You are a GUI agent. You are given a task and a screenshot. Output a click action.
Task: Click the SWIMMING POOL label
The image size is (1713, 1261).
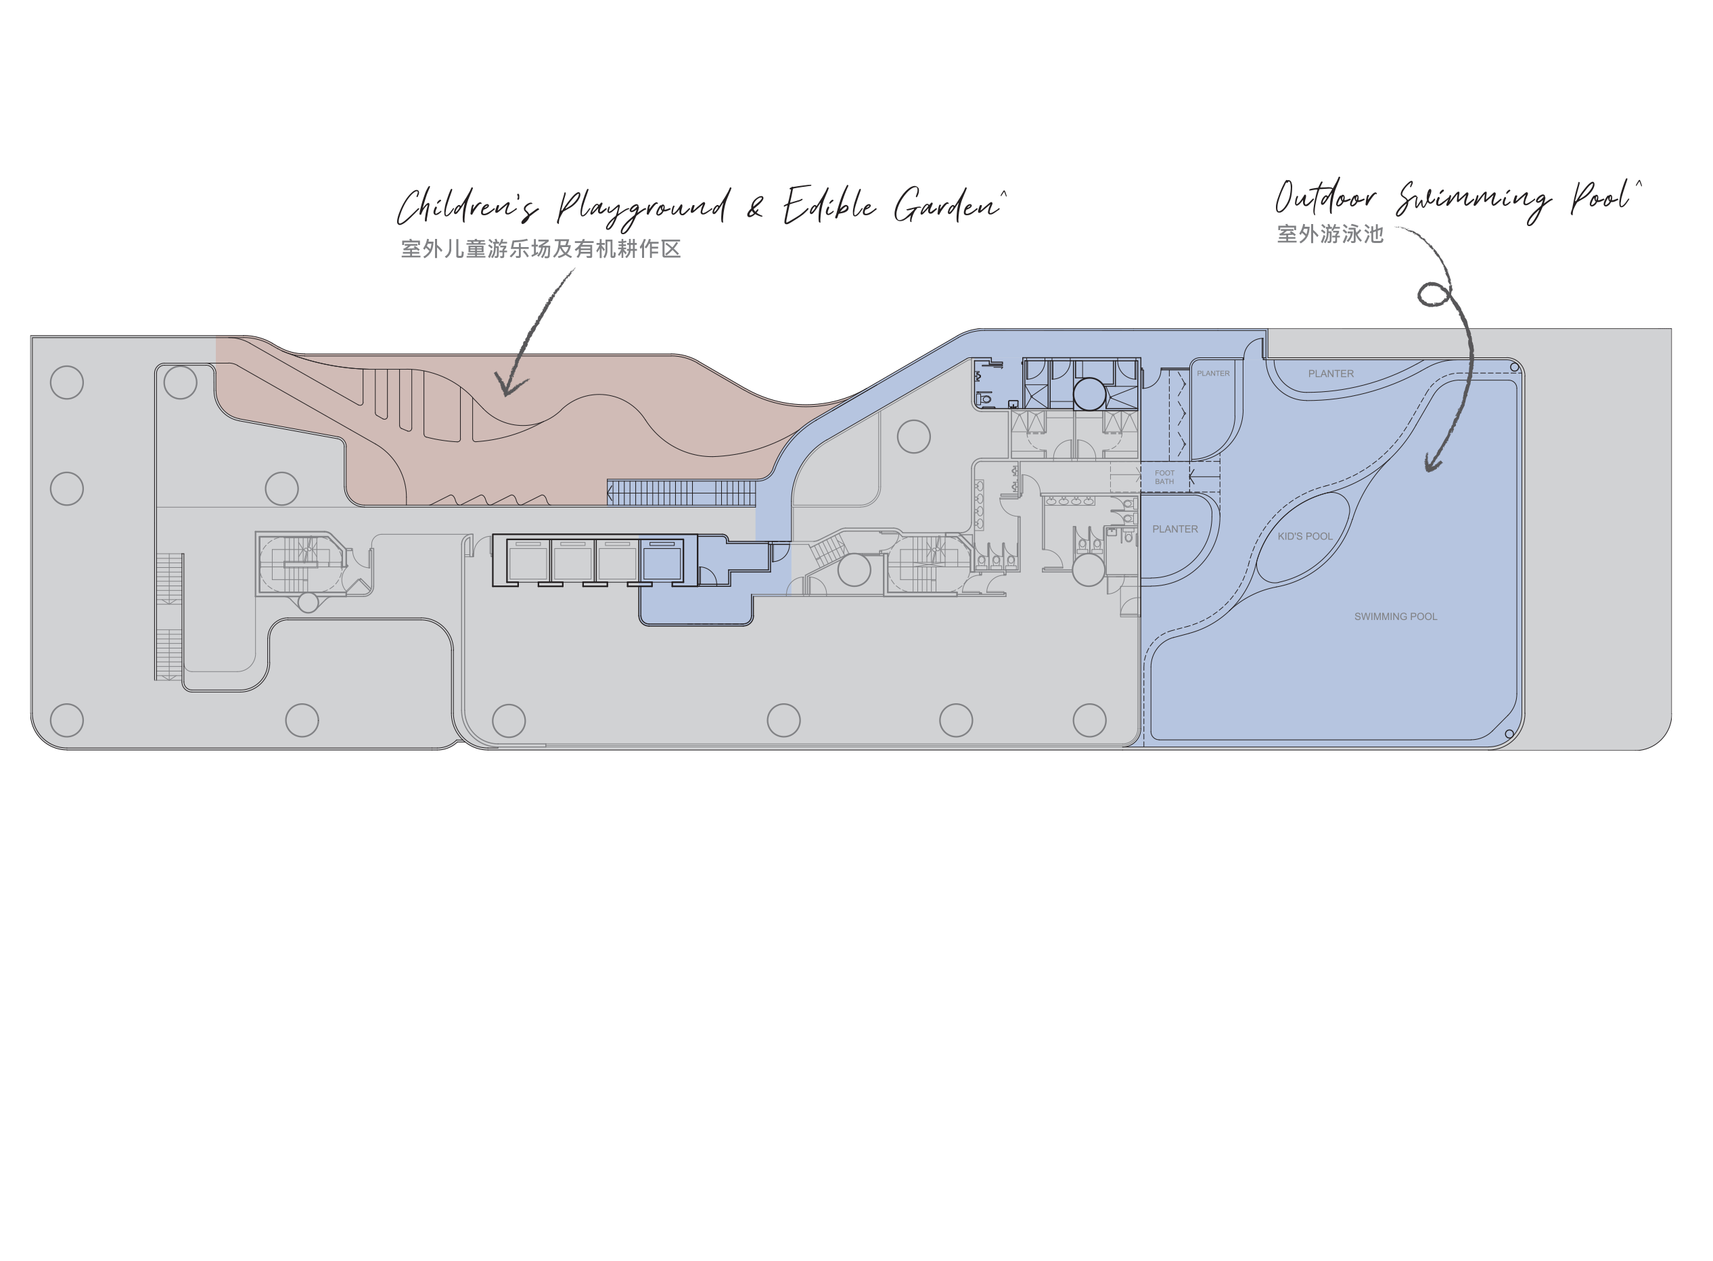tap(1396, 617)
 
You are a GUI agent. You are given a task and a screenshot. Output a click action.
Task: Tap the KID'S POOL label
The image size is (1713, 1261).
tap(1305, 537)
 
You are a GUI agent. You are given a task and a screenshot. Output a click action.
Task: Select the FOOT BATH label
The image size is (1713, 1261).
tap(1164, 477)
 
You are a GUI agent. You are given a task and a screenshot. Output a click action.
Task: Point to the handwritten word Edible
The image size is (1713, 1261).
tap(829, 204)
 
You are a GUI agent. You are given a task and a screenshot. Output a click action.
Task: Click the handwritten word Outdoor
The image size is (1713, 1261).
tap(1325, 198)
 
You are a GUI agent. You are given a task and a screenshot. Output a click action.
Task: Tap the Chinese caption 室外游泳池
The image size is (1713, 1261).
tap(1330, 234)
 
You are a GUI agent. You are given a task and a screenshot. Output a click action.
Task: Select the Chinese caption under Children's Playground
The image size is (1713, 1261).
tap(541, 249)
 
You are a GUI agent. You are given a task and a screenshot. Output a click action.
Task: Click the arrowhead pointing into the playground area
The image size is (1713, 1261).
tap(509, 384)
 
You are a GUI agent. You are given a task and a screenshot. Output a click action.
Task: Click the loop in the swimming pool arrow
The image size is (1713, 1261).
tap(1434, 294)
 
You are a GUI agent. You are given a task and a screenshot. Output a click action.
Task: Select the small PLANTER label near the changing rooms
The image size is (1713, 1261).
tap(1213, 373)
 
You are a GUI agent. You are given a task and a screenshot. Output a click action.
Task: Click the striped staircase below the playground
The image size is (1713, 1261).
tap(681, 493)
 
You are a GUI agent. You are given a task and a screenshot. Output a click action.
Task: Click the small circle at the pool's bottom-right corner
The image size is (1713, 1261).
tap(1509, 734)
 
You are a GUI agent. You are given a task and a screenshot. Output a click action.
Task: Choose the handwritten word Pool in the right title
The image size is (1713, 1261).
tap(1601, 197)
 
